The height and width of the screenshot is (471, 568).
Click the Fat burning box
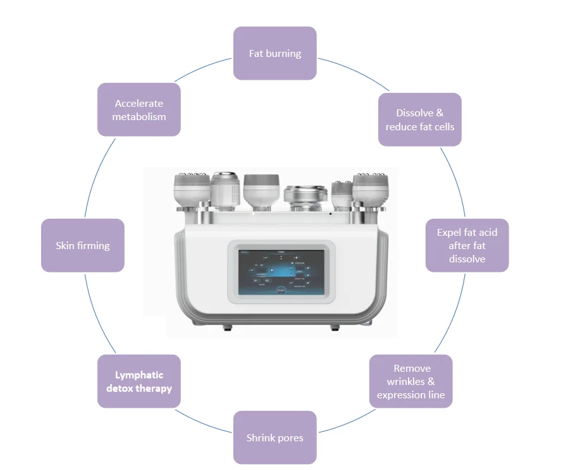coord(275,53)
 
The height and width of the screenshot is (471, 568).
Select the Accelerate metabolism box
coord(139,109)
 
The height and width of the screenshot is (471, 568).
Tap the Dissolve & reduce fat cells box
coord(419,119)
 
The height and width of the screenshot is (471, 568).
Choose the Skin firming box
coord(82,245)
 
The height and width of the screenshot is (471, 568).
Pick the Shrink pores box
coord(275,437)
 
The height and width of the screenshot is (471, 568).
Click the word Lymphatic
coord(139,375)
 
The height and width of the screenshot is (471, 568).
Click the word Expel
coord(450,233)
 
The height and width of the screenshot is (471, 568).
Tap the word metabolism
coord(139,116)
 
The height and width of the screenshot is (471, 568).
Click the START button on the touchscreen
coord(281,290)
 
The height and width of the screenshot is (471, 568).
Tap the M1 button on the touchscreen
coord(257,280)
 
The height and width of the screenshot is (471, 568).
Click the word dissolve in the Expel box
coord(467,259)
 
